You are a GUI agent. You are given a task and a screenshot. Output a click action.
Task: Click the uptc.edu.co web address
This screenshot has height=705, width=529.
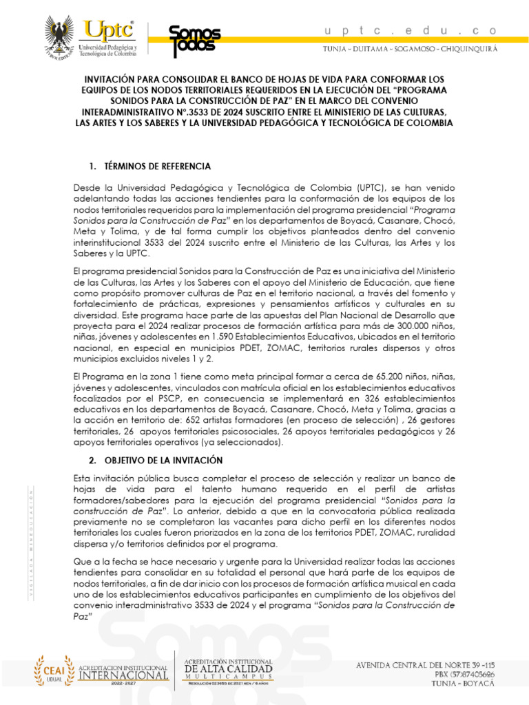(410, 30)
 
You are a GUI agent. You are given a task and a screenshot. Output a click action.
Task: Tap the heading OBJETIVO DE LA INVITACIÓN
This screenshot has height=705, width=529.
(163, 460)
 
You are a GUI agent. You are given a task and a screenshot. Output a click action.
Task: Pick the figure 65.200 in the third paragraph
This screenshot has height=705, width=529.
(377, 377)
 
